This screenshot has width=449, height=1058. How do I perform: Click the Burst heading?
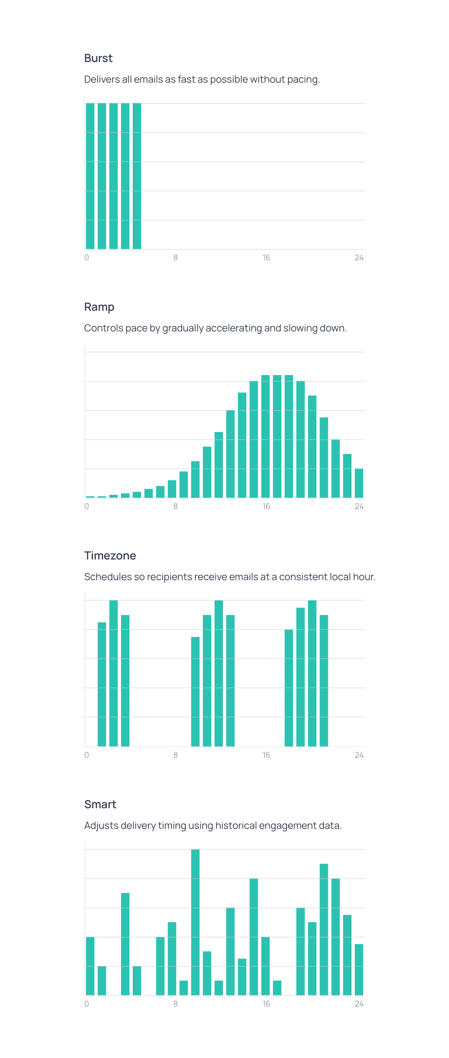point(98,58)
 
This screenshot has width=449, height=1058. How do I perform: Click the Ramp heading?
point(99,307)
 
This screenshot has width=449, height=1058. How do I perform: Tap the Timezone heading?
point(110,555)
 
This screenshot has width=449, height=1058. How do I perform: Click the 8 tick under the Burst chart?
point(176,257)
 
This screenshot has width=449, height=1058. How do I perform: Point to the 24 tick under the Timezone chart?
point(358,755)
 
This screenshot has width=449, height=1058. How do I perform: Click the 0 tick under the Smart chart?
point(86,1004)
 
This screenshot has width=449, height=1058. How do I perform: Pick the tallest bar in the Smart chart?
point(195,922)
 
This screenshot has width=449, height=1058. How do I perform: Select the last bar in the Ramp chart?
point(358,483)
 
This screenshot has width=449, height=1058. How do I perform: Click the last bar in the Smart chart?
point(358,969)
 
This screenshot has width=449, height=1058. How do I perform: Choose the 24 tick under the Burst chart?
point(358,257)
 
